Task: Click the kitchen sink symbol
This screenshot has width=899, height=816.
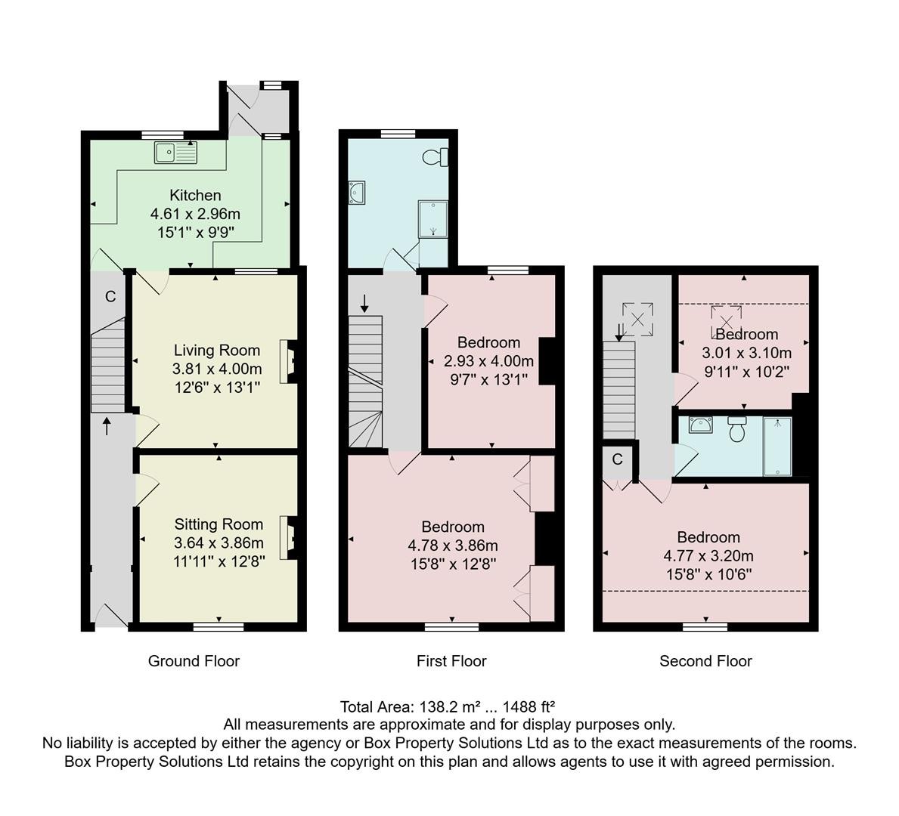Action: tap(175, 153)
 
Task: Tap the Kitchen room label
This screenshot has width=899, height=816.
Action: tap(195, 195)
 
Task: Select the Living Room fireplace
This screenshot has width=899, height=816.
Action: tap(289, 362)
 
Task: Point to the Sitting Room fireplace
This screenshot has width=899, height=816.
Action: tap(289, 537)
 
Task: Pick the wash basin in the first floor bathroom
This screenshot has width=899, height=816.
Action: tap(357, 193)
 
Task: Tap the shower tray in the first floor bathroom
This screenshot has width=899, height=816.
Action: tap(433, 219)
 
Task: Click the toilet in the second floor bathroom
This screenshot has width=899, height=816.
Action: tap(736, 428)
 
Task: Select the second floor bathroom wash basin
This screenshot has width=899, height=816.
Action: tap(701, 425)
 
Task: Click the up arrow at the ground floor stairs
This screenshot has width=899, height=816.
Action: tap(107, 426)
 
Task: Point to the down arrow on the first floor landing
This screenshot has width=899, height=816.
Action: tap(364, 304)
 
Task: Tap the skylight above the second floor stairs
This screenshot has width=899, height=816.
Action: tap(637, 319)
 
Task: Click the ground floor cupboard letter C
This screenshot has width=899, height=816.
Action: tap(110, 296)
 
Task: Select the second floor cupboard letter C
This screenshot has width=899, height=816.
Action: tap(618, 459)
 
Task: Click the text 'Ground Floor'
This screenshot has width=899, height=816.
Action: tap(194, 660)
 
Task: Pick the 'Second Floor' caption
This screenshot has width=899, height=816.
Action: tap(705, 660)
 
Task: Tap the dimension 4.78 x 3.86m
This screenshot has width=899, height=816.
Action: tap(453, 545)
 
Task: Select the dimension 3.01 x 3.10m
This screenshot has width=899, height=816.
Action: tap(747, 352)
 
